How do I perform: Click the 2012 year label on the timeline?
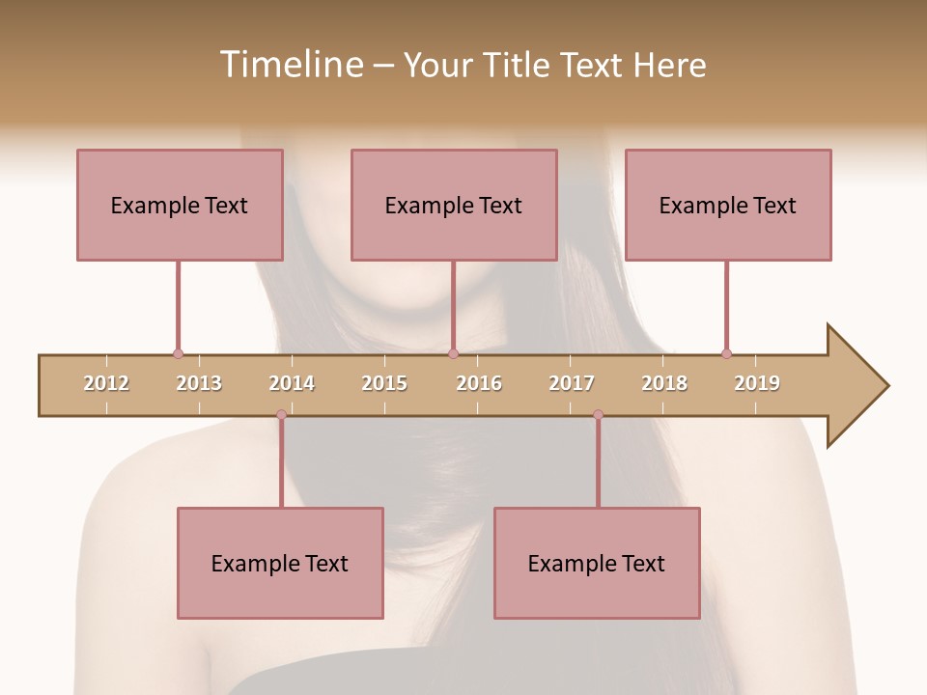click(106, 383)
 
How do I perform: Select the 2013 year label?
click(199, 383)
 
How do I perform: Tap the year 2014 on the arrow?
click(292, 383)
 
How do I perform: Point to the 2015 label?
click(384, 383)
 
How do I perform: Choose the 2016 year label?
click(479, 383)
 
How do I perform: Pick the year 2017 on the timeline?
click(572, 383)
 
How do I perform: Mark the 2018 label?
click(664, 383)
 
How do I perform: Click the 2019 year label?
click(757, 383)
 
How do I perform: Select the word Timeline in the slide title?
click(290, 65)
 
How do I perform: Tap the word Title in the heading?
click(520, 65)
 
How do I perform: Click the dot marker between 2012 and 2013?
click(178, 353)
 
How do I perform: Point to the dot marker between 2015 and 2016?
click(453, 353)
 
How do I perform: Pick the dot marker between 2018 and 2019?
click(726, 353)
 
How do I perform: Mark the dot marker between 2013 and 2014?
click(281, 415)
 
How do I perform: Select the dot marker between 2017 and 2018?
click(598, 415)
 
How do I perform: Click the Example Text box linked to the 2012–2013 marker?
click(180, 205)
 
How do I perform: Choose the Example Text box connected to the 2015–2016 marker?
click(454, 205)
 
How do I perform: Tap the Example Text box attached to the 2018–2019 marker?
click(728, 205)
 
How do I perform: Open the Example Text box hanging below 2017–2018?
click(597, 563)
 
